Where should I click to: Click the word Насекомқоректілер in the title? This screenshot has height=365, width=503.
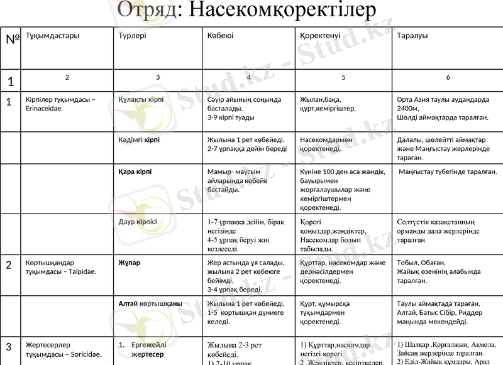tap(282, 10)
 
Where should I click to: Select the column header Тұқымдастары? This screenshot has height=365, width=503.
tap(53, 36)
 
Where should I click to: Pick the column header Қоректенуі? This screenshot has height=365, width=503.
tap(321, 36)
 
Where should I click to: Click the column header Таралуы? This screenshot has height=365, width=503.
tap(412, 36)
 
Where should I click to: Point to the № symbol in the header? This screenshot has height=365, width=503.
tap(12, 39)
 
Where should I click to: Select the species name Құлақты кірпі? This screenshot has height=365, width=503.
tap(141, 100)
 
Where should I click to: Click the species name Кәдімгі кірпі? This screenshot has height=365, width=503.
tap(139, 139)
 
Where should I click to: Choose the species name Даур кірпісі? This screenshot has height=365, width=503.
tap(138, 222)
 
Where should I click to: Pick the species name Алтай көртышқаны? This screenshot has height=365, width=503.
tap(150, 303)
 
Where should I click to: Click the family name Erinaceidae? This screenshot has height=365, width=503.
tap(48, 109)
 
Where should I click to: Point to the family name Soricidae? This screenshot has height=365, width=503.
tap(82, 354)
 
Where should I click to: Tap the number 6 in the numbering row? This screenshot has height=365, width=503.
tap(448, 77)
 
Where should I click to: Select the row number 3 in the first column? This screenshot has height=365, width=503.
tap(9, 347)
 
